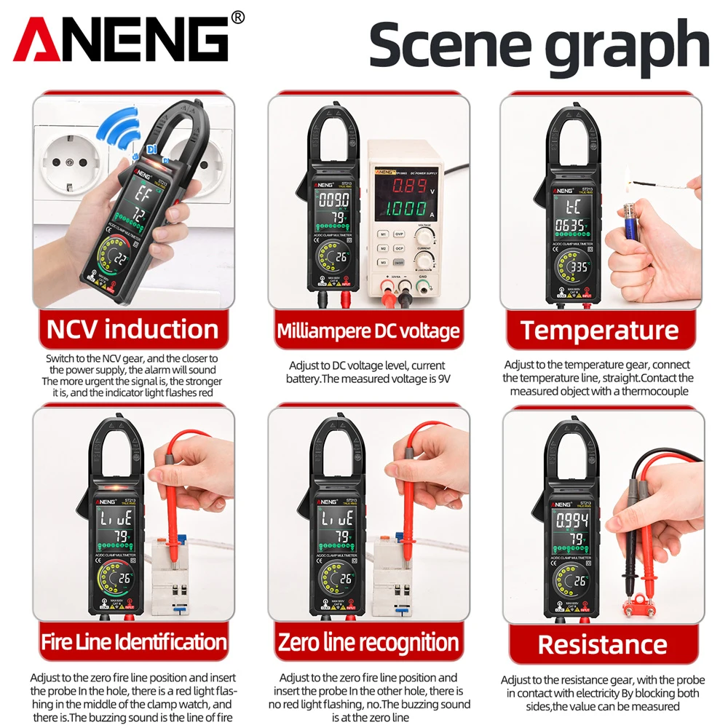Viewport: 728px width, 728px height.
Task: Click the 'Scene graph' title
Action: point(538,44)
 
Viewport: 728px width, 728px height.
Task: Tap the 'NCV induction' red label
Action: point(132,330)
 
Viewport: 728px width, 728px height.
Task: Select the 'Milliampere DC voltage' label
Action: point(368,331)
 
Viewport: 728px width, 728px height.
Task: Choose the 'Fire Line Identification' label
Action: point(133,642)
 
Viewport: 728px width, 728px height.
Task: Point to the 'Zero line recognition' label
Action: point(368,642)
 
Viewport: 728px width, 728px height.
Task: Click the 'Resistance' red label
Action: point(602,644)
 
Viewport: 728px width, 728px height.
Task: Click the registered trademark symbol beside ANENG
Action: point(238,16)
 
